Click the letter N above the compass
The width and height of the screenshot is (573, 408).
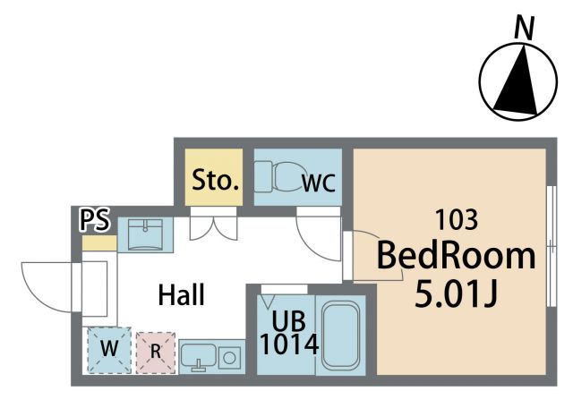(x=524, y=28)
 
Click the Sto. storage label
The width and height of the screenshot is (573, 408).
(x=216, y=180)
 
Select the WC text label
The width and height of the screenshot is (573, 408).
(x=319, y=183)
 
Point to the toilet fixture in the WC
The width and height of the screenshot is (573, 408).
(x=278, y=177)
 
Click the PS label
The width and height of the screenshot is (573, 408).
(x=95, y=220)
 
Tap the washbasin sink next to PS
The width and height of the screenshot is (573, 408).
(x=145, y=234)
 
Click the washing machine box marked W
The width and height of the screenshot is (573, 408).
(x=109, y=350)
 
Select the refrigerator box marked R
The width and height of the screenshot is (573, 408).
(x=156, y=353)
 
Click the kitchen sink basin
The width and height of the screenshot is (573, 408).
(x=198, y=356)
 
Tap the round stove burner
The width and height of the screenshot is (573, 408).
(x=229, y=358)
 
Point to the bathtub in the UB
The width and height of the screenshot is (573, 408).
(x=340, y=335)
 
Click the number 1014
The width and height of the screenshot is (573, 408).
(x=289, y=344)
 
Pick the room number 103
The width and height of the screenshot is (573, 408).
(x=457, y=220)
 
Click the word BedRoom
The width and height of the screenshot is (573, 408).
(x=456, y=256)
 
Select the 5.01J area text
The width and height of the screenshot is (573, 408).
(x=456, y=294)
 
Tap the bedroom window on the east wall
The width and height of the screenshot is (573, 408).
(x=552, y=246)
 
